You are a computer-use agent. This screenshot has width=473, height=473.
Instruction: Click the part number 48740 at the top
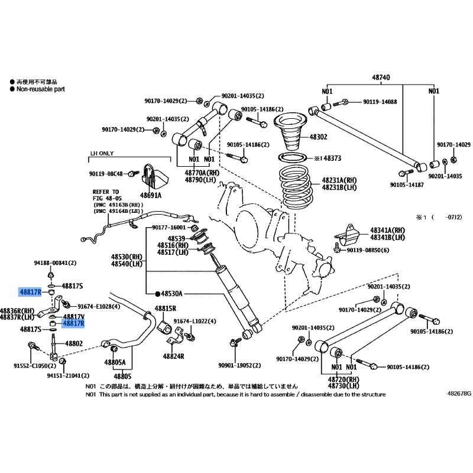381,77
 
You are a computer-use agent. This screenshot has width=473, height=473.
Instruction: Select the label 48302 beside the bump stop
318,137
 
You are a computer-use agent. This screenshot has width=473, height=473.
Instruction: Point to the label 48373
332,158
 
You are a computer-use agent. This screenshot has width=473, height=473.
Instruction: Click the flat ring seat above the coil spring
293,157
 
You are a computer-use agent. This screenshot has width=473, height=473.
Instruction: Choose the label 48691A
151,196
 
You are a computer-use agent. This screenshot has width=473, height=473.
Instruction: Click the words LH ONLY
102,153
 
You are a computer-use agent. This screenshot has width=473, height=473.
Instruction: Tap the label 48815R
166,309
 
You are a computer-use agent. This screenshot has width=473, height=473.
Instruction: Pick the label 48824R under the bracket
173,357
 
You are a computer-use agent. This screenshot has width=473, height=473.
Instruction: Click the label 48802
74,344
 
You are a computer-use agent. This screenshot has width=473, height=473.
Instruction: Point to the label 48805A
115,362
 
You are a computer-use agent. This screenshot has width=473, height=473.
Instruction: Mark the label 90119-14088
380,102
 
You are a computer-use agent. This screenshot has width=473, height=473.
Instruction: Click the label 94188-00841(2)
55,263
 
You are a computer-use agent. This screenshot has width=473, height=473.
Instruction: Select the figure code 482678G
459,393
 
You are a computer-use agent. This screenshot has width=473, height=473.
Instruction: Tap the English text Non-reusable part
41,89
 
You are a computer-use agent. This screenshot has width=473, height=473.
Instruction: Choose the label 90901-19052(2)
239,365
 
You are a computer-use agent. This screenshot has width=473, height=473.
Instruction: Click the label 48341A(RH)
388,231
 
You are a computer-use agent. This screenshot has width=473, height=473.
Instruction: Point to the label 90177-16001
169,227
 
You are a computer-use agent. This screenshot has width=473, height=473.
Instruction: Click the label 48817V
74,316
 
